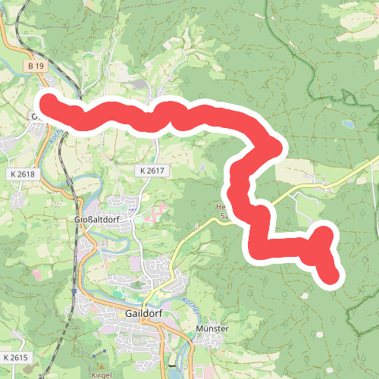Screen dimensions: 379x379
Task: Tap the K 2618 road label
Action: (23, 174)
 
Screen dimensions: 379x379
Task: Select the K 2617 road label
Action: (152, 171)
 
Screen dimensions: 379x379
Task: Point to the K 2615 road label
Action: (14, 357)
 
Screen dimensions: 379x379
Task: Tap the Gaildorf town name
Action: (140, 315)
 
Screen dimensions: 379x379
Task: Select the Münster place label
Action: (211, 328)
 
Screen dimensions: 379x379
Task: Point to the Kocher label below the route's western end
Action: (55, 136)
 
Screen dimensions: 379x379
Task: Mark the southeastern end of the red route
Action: (331, 277)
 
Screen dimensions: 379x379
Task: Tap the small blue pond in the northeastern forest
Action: (347, 124)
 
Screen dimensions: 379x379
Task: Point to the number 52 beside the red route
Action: (224, 217)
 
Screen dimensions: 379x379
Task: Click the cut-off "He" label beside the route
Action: (221, 206)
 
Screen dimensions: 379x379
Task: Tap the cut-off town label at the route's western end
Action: (35, 116)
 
